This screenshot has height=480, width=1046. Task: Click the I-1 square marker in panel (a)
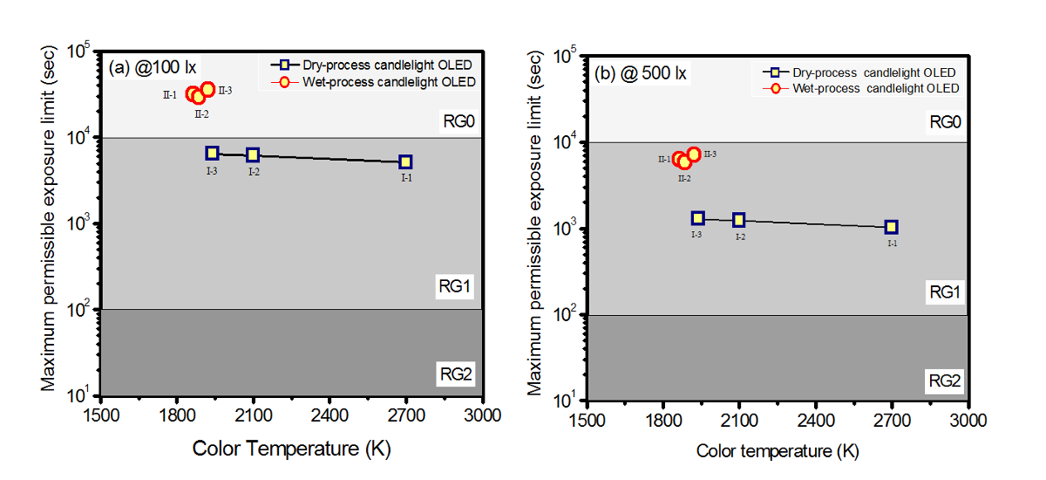(405, 161)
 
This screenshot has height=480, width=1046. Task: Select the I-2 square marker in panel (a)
(253, 154)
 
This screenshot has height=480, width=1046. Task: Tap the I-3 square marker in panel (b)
(697, 218)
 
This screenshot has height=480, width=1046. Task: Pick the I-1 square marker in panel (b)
(891, 227)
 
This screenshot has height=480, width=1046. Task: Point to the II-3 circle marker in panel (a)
(207, 89)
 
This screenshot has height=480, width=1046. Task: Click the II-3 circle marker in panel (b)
(694, 154)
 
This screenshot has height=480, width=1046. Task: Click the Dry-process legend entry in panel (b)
(873, 72)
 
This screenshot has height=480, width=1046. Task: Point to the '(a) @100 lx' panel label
(147, 69)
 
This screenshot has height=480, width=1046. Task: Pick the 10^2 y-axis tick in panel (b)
(567, 315)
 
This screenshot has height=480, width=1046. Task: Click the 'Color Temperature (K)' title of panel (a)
(291, 449)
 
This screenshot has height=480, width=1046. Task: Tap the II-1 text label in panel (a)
(170, 94)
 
